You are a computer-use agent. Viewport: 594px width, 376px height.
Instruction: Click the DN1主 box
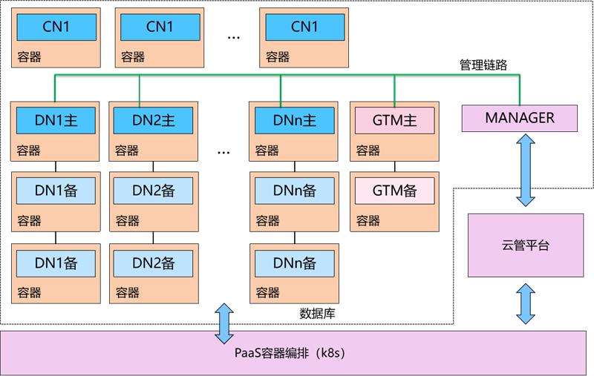[56, 120]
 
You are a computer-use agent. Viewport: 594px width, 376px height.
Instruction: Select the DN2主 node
[153, 120]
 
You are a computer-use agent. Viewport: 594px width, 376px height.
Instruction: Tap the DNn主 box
[294, 120]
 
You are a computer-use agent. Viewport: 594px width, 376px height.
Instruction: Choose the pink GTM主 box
[394, 120]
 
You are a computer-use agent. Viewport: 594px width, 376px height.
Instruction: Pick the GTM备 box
[394, 191]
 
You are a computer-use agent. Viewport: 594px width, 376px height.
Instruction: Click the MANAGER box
[519, 119]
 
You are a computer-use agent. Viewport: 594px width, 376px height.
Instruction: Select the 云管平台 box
[526, 245]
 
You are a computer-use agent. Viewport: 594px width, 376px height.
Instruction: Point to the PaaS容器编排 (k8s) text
[290, 353]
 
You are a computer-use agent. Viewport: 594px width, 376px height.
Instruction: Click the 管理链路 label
[483, 65]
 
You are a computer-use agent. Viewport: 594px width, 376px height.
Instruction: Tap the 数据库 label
[317, 313]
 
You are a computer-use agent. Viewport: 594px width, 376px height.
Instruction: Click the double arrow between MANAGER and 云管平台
[526, 171]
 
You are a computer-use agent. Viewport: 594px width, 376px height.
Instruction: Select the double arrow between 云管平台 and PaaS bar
[526, 304]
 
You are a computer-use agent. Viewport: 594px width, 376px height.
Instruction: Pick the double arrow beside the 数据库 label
[224, 323]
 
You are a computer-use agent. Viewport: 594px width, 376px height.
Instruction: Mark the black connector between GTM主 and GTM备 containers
[395, 166]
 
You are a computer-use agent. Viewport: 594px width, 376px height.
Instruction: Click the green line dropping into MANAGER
[519, 90]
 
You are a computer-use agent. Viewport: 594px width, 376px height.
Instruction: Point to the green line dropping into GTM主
[394, 90]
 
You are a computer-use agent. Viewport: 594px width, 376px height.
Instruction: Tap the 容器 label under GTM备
[368, 220]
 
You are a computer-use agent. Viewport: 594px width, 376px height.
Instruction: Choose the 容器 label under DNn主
[267, 150]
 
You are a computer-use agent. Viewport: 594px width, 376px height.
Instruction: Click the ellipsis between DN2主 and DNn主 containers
[223, 153]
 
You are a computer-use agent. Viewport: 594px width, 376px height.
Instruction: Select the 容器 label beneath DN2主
[126, 150]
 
